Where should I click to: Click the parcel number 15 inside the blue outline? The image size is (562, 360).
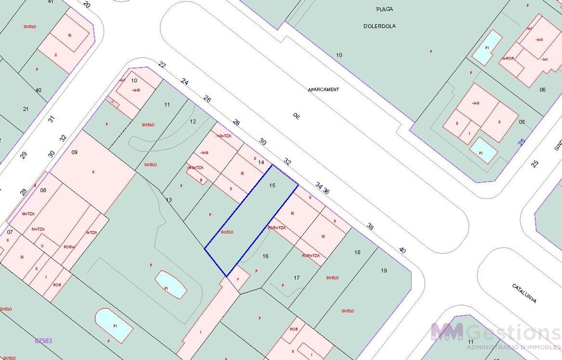(x=272, y=185)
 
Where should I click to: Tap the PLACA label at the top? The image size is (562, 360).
(x=384, y=9)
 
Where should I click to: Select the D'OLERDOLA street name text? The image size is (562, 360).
(x=380, y=26)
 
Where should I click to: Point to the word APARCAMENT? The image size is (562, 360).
(x=323, y=90)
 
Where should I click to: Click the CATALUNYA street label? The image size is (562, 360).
(x=524, y=293)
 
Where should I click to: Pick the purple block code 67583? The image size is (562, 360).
(x=43, y=341)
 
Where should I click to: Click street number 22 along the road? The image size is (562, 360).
(x=162, y=65)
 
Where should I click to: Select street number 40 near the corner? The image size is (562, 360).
(x=402, y=250)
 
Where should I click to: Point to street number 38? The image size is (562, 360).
(x=370, y=226)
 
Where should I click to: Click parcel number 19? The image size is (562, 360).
(x=384, y=270)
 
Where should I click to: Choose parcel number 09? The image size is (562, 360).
(x=75, y=152)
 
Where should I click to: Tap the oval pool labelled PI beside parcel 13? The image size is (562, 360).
(x=171, y=284)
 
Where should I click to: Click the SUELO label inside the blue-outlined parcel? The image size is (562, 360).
(x=227, y=232)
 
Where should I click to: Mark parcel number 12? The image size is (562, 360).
(x=193, y=121)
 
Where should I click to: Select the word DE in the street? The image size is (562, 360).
(x=296, y=117)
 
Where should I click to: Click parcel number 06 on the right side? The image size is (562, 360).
(x=543, y=90)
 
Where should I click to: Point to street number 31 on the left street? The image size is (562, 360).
(x=52, y=119)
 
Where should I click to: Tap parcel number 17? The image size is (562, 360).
(x=297, y=278)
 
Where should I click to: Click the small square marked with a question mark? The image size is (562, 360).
(x=238, y=279)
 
